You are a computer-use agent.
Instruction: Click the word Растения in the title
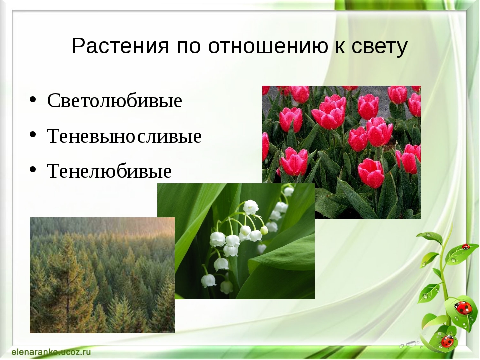(120, 46)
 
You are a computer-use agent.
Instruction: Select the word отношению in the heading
(268, 47)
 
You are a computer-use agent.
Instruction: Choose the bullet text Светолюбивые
(115, 100)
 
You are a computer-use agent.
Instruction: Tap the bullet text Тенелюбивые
(109, 171)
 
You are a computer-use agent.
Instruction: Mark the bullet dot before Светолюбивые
(33, 100)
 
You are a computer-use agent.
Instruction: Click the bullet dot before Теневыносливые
(33, 135)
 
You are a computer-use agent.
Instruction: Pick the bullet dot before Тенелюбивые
(33, 170)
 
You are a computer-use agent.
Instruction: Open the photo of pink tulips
(341, 152)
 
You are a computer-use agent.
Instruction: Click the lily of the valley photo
(236, 241)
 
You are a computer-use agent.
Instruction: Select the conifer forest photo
(102, 275)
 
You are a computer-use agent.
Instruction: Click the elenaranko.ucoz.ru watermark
(51, 352)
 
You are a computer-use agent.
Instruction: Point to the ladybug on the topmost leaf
(465, 246)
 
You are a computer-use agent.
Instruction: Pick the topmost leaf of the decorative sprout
(429, 238)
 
